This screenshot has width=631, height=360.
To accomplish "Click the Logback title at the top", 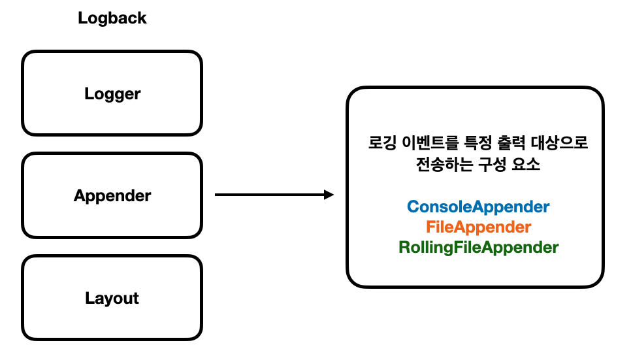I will (x=112, y=18).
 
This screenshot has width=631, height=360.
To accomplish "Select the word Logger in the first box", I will (x=112, y=93).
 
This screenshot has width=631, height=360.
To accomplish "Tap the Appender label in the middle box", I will (x=112, y=195).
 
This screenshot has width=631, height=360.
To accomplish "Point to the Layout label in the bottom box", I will (x=112, y=298).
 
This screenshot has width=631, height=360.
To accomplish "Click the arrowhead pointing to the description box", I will (x=329, y=195).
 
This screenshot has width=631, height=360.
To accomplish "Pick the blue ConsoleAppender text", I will (x=478, y=207).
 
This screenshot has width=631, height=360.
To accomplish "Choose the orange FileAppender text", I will (x=478, y=227).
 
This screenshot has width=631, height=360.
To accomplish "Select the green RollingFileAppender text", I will (x=478, y=248).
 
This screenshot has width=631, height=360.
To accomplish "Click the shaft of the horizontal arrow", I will (x=268, y=195).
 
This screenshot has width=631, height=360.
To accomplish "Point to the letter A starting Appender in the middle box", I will (x=79, y=195).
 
